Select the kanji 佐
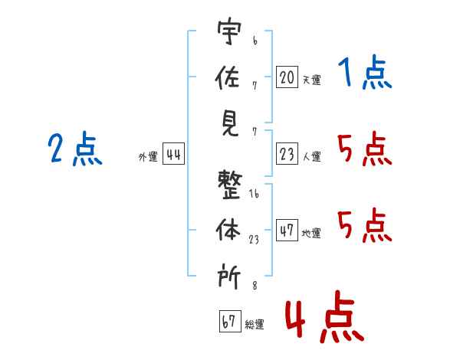[228, 77]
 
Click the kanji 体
[228, 231]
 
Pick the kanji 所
[228, 275]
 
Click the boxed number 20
[287, 77]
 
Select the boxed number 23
[287, 155]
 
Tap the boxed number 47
[287, 230]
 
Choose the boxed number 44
[173, 155]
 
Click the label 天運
[311, 80]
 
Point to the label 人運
[311, 157]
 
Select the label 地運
[311, 233]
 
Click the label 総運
[255, 324]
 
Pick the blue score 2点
[75, 149]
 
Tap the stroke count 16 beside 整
[254, 195]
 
